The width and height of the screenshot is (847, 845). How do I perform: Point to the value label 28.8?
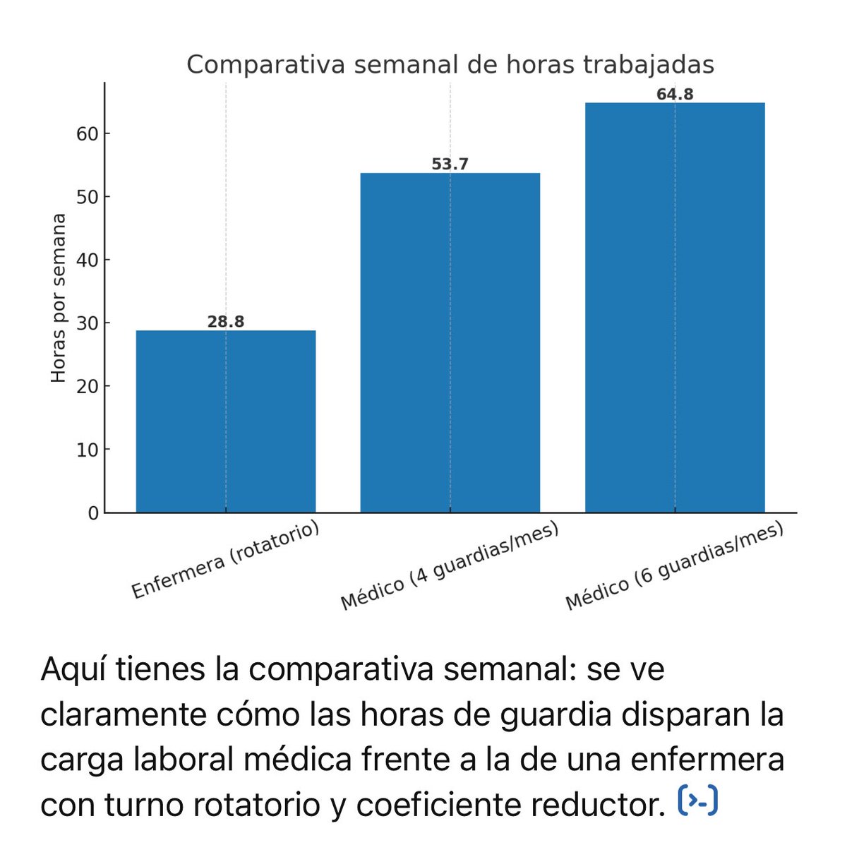226,322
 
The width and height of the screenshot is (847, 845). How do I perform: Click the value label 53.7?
450,164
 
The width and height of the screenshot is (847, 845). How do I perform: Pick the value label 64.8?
675,94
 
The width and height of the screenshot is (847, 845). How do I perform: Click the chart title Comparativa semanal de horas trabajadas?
450,65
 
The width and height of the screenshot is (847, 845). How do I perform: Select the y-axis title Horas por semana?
59,298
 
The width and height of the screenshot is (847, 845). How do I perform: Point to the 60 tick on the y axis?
88,133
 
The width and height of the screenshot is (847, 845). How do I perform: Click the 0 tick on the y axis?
93,513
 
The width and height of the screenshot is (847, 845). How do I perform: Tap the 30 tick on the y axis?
88,323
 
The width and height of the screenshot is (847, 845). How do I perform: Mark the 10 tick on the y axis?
88,450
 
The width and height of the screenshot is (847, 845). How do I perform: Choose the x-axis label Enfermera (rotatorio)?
226,561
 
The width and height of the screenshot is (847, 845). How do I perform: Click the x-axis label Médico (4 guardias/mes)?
450,567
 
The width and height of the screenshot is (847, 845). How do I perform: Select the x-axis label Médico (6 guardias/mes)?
675,567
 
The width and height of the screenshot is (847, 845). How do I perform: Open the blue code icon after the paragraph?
697,801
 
